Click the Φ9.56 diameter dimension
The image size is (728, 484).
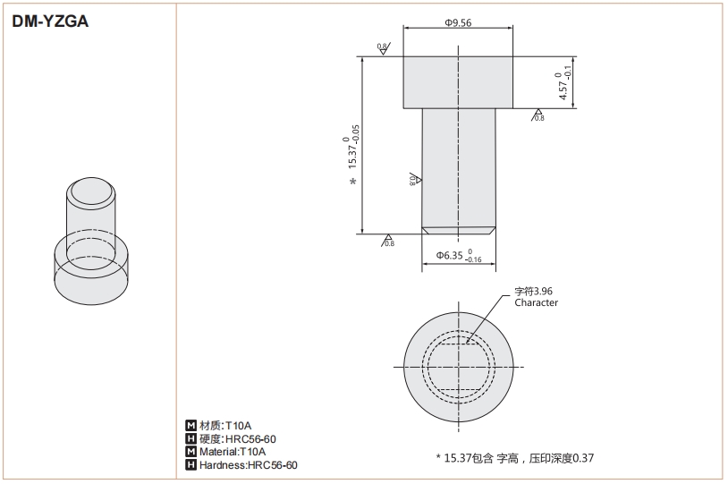[x=458, y=22]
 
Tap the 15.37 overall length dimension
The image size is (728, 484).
[x=351, y=149]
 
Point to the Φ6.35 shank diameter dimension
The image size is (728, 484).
[x=458, y=256]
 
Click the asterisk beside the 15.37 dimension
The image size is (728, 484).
[x=353, y=183]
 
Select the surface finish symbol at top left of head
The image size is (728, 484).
[x=382, y=48]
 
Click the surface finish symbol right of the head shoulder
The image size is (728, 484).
[x=538, y=115]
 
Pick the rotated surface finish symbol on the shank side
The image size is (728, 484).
[x=414, y=179]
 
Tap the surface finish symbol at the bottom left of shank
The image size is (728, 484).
[x=387, y=240]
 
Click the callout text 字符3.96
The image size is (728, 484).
[x=533, y=291]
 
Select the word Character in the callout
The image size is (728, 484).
[x=536, y=302]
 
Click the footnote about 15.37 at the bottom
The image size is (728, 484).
[x=514, y=457]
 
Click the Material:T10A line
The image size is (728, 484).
[x=233, y=452]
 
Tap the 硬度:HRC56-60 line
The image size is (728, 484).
[x=237, y=438]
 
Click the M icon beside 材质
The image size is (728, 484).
[x=190, y=425]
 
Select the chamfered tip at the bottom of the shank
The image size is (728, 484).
[x=458, y=230]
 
